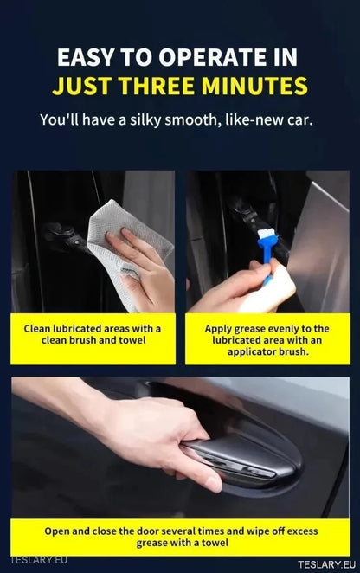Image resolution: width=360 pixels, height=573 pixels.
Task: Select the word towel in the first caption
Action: click(130, 341)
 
